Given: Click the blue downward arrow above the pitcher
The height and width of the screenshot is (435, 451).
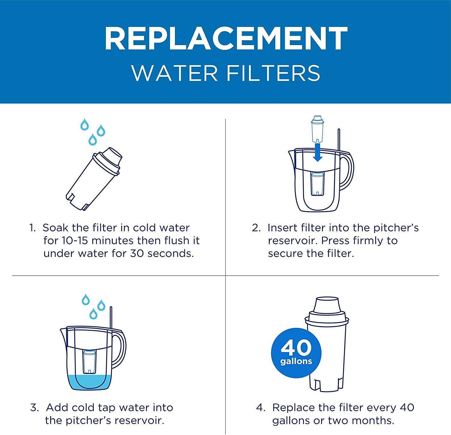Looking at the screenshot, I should [x=317, y=152].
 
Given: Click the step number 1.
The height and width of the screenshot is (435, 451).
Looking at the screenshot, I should [x=32, y=228].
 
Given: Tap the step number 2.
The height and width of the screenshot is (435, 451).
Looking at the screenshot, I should [x=256, y=228].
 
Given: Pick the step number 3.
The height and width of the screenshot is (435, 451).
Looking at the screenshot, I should [x=34, y=408].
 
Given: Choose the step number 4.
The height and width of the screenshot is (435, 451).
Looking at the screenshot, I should [x=260, y=408].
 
